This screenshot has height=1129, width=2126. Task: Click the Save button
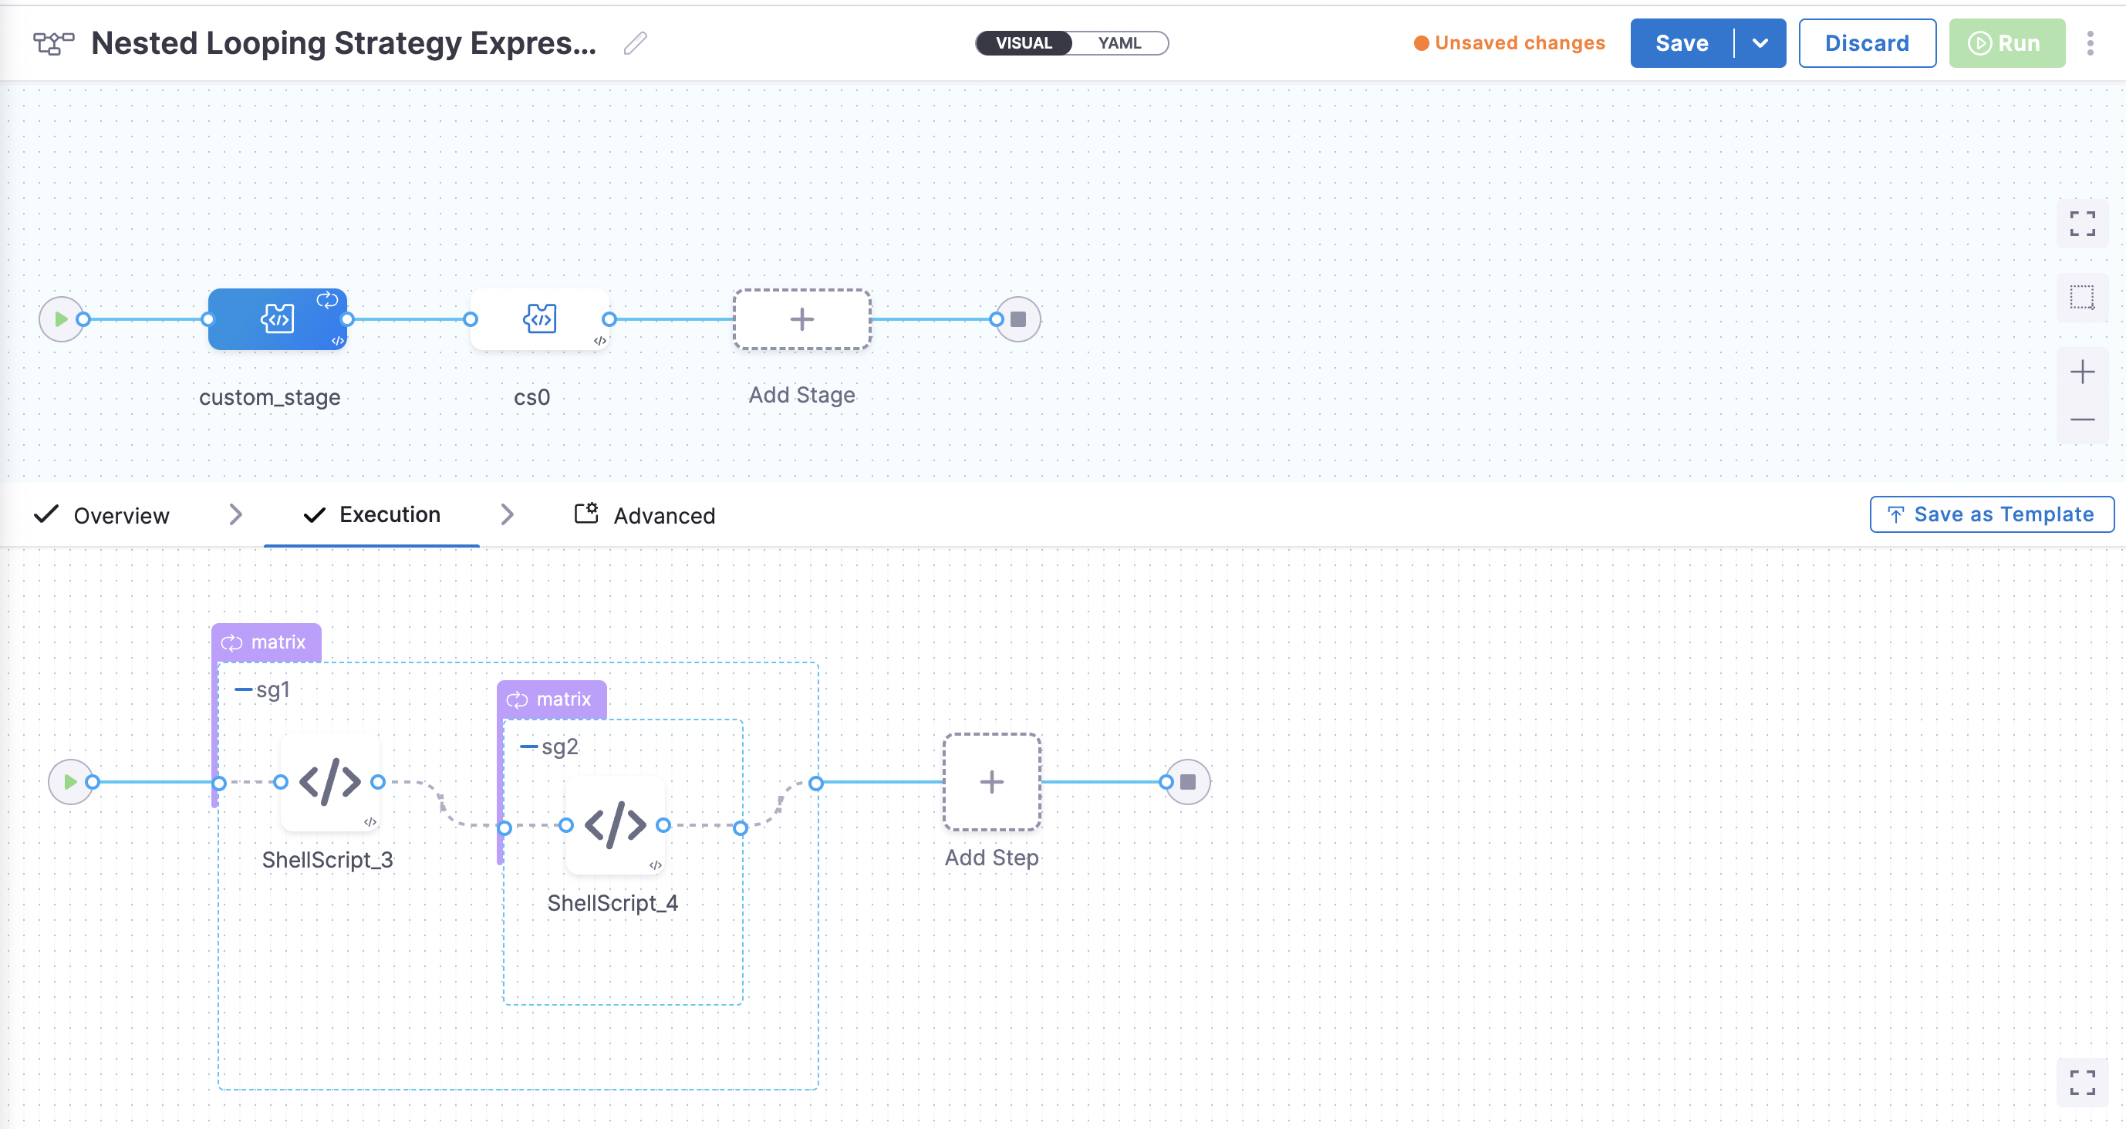pyautogui.click(x=1681, y=43)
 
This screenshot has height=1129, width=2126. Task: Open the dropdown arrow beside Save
pyautogui.click(x=1760, y=43)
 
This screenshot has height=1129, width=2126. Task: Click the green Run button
pyautogui.click(x=2006, y=43)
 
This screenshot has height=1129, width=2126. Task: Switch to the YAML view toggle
pyautogui.click(x=1119, y=43)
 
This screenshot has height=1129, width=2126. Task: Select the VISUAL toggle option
pyautogui.click(x=1024, y=43)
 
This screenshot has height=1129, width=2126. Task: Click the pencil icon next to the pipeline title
pyautogui.click(x=635, y=43)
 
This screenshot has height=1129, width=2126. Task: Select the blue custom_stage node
pyautogui.click(x=277, y=319)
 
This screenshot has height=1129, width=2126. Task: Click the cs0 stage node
pyautogui.click(x=540, y=319)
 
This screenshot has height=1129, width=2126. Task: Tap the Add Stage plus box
pyautogui.click(x=801, y=319)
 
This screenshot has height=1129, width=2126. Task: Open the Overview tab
pyautogui.click(x=120, y=516)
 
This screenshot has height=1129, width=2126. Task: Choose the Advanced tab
pyautogui.click(x=663, y=516)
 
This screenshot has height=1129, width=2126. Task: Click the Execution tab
pyautogui.click(x=389, y=515)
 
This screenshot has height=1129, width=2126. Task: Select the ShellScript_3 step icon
pyautogui.click(x=329, y=781)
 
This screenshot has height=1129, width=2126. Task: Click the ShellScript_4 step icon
pyautogui.click(x=615, y=824)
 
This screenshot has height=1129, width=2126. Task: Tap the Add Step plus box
pyautogui.click(x=991, y=781)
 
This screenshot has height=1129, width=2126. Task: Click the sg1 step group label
pyautogui.click(x=272, y=690)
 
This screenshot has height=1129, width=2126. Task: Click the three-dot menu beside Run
pyautogui.click(x=2090, y=43)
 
